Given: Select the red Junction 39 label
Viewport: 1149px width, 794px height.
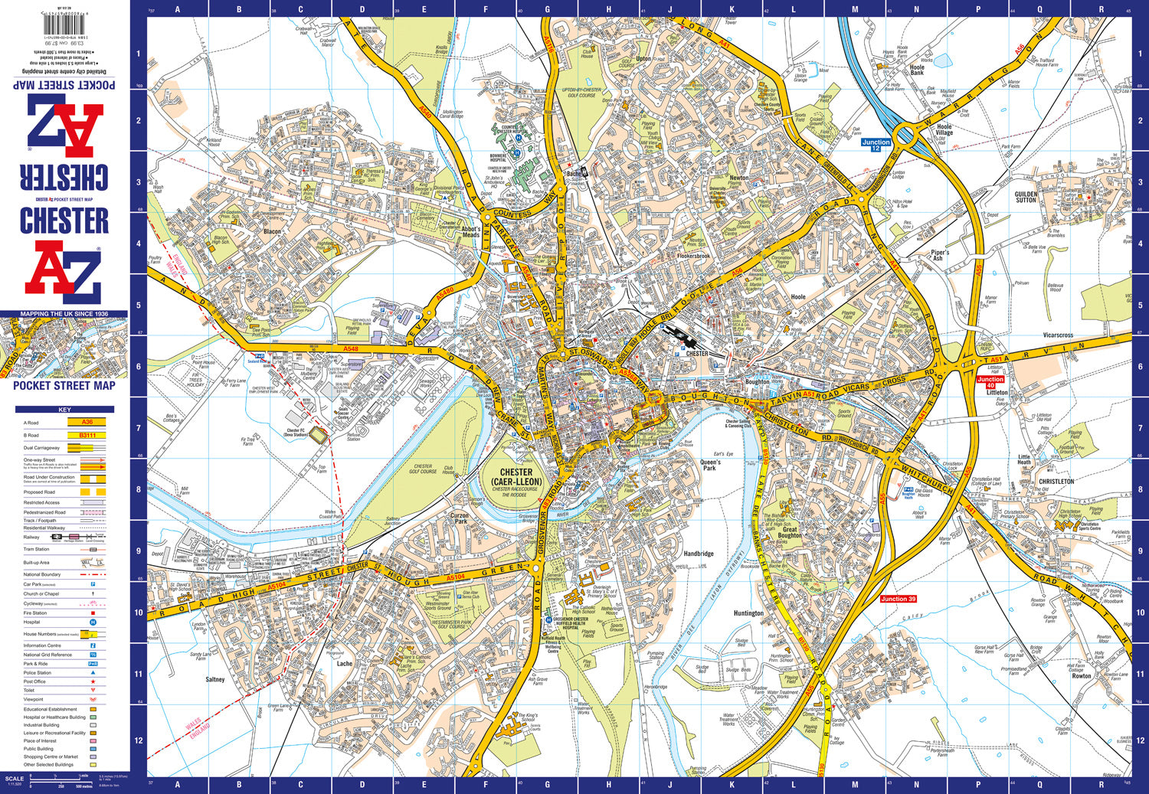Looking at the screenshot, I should click(x=898, y=599).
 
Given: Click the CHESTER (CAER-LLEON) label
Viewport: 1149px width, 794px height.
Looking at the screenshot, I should click(x=516, y=477).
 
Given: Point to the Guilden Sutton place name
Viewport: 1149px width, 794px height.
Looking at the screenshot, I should click(x=1026, y=197).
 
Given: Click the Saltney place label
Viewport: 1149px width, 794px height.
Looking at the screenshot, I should click(x=215, y=679).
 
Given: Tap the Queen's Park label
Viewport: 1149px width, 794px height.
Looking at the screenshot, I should click(x=710, y=465).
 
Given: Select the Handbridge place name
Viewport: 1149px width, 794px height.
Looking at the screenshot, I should click(x=699, y=554).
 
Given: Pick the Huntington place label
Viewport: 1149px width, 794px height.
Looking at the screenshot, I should click(x=748, y=613).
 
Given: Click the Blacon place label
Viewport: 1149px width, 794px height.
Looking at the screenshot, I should click(x=272, y=231).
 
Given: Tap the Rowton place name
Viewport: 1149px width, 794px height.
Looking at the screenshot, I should click(x=1081, y=676).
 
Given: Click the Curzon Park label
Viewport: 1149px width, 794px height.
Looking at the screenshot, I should click(x=459, y=518).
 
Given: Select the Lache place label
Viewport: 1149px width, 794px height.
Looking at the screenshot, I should click(x=345, y=664).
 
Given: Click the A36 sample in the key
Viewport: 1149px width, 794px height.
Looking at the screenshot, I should click(x=87, y=422).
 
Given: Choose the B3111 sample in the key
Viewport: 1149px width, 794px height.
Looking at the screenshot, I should click(x=87, y=435).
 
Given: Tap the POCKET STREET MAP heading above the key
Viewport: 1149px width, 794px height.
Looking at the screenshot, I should click(x=64, y=386).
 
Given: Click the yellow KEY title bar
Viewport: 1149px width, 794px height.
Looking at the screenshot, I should click(x=64, y=410).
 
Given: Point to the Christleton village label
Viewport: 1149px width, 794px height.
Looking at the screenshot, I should click(x=1056, y=482).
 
